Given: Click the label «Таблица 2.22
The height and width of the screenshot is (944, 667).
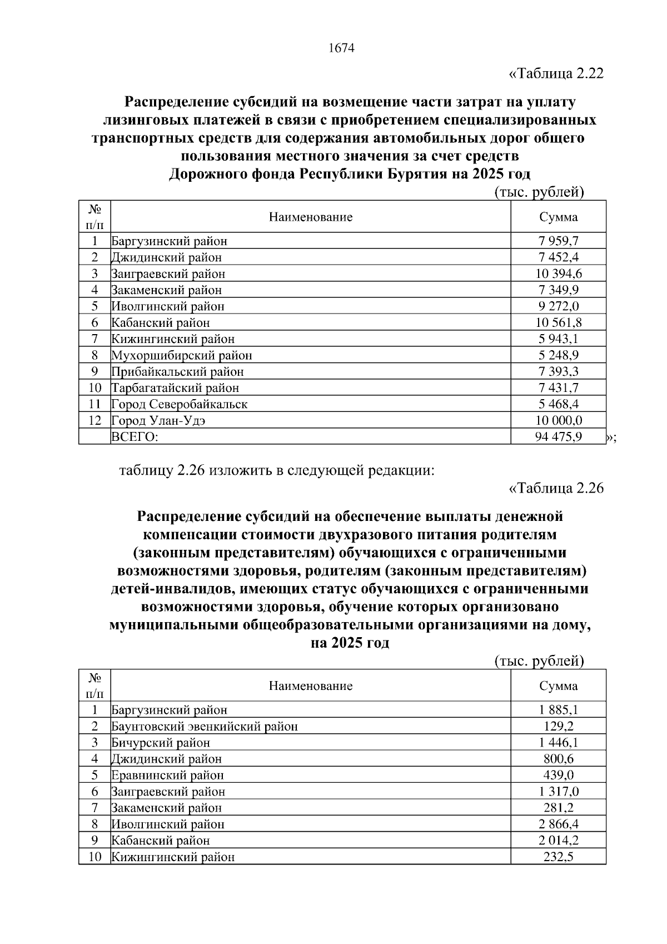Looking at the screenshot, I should pyautogui.click(x=556, y=73).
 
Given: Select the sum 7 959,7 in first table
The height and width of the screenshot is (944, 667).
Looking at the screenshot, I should pyautogui.click(x=558, y=241).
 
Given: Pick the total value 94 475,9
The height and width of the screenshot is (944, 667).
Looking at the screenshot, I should pyautogui.click(x=558, y=437).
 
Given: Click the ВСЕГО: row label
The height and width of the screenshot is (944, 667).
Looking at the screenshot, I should pyautogui.click(x=135, y=437).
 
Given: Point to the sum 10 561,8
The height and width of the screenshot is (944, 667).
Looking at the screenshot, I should pyautogui.click(x=558, y=322).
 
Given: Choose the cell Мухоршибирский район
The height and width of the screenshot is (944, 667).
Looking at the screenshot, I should pyautogui.click(x=182, y=355).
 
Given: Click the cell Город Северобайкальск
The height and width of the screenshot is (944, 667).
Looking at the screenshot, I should pyautogui.click(x=180, y=404).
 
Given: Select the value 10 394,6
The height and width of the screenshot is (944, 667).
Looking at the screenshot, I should pyautogui.click(x=558, y=274).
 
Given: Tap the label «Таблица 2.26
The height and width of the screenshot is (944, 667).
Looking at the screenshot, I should pyautogui.click(x=556, y=488).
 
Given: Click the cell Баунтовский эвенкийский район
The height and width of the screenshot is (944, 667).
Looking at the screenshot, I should pyautogui.click(x=205, y=727).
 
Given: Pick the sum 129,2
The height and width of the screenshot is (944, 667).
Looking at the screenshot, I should pyautogui.click(x=558, y=726).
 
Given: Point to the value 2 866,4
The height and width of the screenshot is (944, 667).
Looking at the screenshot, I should pyautogui.click(x=558, y=824).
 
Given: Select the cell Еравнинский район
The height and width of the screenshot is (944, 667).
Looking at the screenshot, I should pyautogui.click(x=167, y=776).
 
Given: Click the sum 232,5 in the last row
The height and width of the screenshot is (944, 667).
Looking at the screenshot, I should pyautogui.click(x=558, y=857).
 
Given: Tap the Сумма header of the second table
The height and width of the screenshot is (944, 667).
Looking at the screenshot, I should pyautogui.click(x=558, y=685).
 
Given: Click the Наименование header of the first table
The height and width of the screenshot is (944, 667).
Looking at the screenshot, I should pyautogui.click(x=311, y=217).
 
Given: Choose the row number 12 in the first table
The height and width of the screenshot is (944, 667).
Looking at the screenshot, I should pyautogui.click(x=94, y=421).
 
